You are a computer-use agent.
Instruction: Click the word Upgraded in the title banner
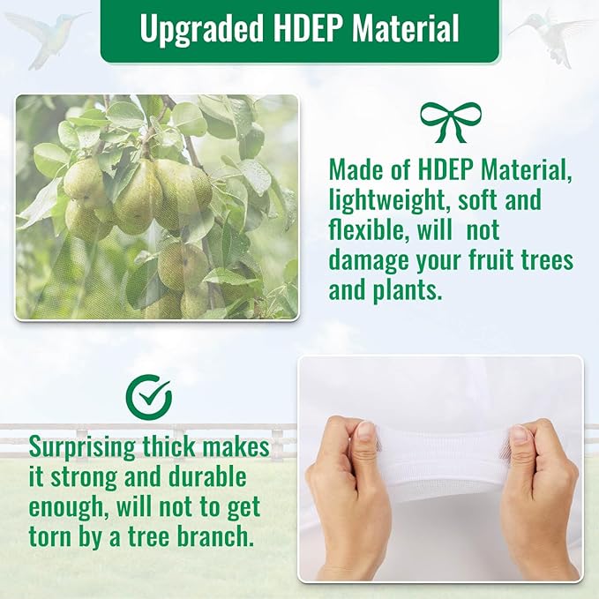(202, 28)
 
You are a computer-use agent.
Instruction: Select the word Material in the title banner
(405, 27)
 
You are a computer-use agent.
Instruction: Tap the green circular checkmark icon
(148, 396)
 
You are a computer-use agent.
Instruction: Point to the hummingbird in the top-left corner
(46, 37)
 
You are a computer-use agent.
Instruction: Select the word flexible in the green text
(367, 230)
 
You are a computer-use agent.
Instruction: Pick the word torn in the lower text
(51, 536)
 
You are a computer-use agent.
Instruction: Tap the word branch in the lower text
(216, 535)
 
